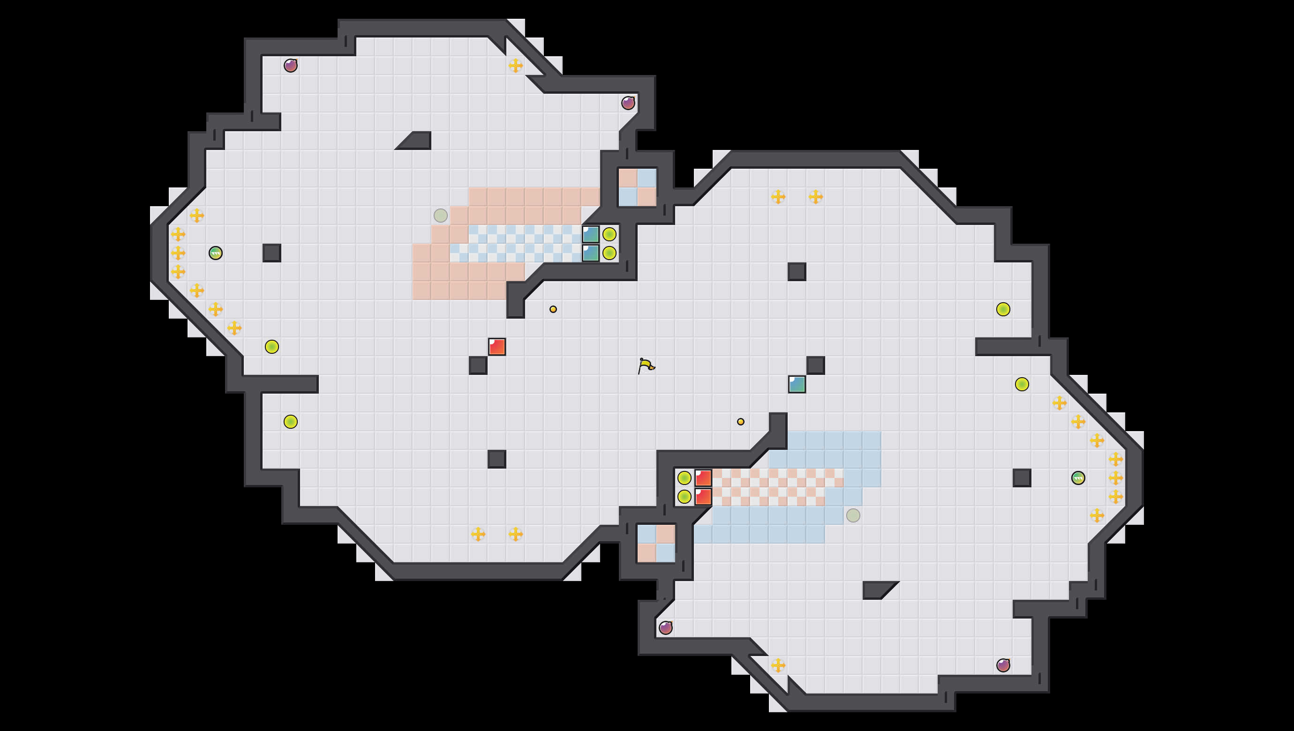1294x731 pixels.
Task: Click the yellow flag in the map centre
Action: (646, 365)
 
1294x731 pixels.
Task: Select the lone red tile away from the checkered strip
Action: (497, 346)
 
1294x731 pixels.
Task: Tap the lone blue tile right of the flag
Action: (797, 384)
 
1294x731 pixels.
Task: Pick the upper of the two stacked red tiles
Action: (703, 477)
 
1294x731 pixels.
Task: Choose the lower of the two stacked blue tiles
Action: (591, 253)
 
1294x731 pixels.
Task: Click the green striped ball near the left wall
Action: (216, 253)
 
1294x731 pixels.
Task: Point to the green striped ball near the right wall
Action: (1078, 477)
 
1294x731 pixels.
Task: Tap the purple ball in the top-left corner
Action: (290, 65)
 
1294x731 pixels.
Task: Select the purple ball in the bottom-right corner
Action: (1003, 665)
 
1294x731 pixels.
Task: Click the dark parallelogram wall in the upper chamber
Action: (416, 141)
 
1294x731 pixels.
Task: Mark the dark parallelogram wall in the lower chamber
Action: (878, 590)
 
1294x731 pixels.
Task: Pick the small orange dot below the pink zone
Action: (553, 309)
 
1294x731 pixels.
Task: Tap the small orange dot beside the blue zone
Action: (740, 422)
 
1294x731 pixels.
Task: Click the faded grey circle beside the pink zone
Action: (441, 216)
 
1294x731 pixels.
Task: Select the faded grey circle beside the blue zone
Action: (853, 515)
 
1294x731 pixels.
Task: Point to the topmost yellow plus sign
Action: (515, 65)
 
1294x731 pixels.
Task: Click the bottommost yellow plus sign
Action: (778, 665)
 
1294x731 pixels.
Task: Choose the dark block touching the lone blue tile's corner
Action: (815, 365)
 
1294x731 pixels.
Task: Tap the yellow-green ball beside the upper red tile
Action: (684, 477)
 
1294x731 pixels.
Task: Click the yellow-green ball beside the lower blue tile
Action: (609, 253)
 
